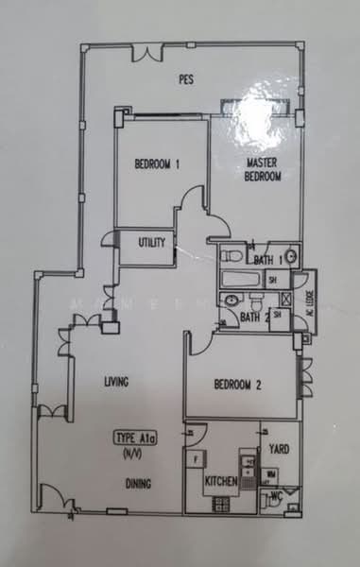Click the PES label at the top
click(x=185, y=79)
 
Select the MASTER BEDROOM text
click(x=262, y=169)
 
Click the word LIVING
click(x=116, y=382)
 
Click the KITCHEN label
click(x=221, y=481)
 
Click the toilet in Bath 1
click(x=292, y=257)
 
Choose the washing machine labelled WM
click(x=272, y=472)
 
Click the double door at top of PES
click(x=148, y=54)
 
